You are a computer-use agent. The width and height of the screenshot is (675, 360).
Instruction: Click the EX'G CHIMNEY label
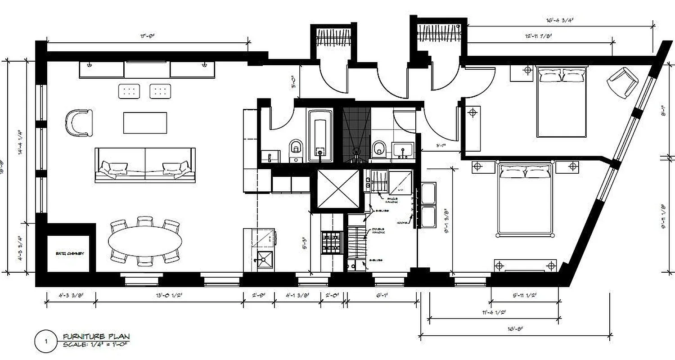point(70,253)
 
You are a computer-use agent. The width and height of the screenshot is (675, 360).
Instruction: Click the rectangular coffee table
point(145,123)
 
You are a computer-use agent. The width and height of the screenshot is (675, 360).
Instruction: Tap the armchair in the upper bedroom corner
point(623,82)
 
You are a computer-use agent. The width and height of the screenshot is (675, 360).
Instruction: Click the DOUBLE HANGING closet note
point(378,232)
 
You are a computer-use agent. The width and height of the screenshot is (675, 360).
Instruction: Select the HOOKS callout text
point(403,223)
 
